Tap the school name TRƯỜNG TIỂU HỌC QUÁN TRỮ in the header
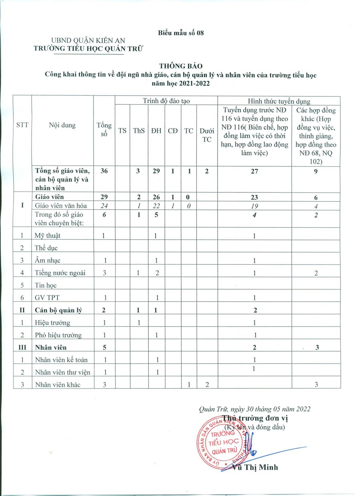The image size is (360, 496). tap(89, 49)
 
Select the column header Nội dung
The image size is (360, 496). tap(62, 125)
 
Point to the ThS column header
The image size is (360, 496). tap(138, 130)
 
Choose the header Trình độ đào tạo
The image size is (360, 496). tap(166, 101)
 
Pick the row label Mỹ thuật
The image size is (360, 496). tap(48, 236)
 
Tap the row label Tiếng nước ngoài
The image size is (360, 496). tap(60, 273)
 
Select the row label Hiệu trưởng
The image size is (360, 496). tap(52, 322)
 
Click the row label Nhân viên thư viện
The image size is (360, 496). tap(62, 372)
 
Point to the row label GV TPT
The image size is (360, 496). tap(46, 298)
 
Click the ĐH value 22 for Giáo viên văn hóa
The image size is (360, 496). tap(156, 206)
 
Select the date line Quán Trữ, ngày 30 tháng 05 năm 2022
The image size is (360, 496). tap(254, 409)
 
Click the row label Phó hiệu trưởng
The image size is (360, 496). tap(58, 335)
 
